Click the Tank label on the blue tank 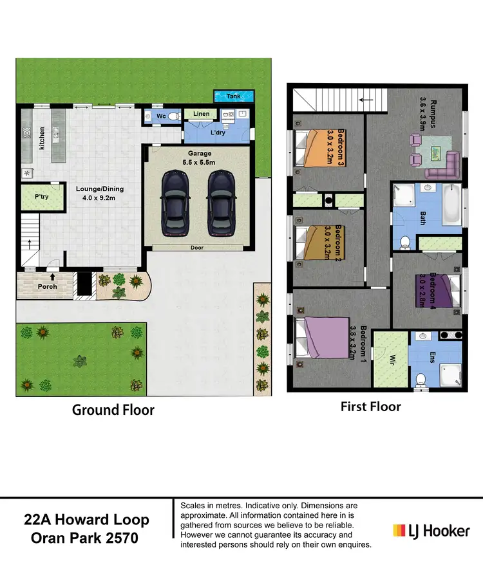(233, 97)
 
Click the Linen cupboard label (201, 115)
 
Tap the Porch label (47, 286)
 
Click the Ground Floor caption (113, 410)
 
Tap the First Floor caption (370, 407)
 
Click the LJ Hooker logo (431, 531)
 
